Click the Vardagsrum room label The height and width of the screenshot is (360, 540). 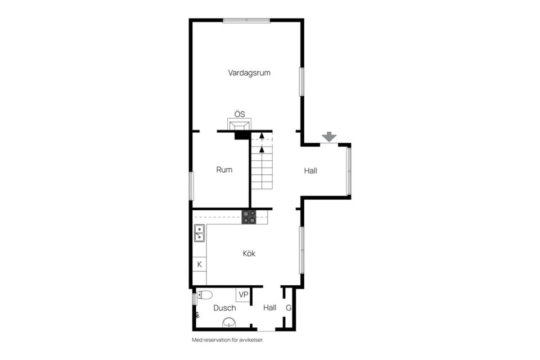(x=249, y=73)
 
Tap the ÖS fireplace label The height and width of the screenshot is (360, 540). (x=240, y=114)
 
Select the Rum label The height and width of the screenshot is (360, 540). (x=224, y=169)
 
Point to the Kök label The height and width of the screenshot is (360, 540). (x=249, y=254)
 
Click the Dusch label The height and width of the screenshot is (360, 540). (x=224, y=308)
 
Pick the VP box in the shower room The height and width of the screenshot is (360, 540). (x=243, y=295)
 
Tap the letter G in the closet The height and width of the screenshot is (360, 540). (x=289, y=308)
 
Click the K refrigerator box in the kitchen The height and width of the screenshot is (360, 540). (x=199, y=264)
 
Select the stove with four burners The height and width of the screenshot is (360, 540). (x=249, y=217)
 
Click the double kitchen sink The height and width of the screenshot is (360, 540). (x=199, y=233)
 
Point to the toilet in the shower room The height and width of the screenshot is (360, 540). (x=204, y=295)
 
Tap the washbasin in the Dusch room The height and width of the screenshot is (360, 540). (x=229, y=322)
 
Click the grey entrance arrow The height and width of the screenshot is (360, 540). (x=329, y=137)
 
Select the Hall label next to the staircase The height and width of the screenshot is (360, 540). (x=310, y=171)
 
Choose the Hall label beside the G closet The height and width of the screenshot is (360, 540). (x=269, y=308)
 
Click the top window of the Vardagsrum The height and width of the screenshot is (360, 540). (x=246, y=21)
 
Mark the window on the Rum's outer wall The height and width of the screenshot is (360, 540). (x=191, y=186)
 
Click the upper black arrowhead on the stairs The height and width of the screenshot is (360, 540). (x=262, y=136)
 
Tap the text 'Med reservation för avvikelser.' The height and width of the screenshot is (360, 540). (x=227, y=340)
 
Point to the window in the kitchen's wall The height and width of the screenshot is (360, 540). (x=301, y=250)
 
